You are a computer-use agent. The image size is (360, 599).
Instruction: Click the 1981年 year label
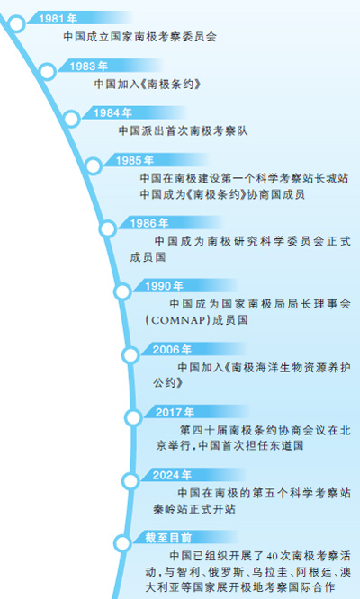coord(58,18)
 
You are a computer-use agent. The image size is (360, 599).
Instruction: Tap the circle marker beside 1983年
coord(48,71)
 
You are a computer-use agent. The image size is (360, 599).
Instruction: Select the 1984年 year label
coord(112,112)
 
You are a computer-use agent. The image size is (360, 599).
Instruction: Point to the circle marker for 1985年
coord(94,166)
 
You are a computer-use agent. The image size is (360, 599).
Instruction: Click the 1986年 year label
coord(149,223)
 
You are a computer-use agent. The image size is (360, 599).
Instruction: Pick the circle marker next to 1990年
coord(122,292)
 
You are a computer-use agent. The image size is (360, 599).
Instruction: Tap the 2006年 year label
coord(172,349)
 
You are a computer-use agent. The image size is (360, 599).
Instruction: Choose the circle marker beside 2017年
coord(133,417)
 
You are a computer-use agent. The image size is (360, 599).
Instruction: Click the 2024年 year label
coord(172,475)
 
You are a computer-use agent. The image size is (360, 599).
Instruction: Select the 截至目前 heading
coord(168,538)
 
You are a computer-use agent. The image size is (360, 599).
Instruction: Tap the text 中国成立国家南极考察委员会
coord(139,37)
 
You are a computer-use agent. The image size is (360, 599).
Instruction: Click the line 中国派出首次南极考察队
coord(183,131)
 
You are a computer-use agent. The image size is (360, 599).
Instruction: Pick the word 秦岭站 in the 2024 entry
coord(169,509)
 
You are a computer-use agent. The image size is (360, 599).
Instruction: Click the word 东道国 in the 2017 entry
coord(287,446)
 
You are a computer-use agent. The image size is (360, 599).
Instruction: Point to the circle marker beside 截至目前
coord(122,543)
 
